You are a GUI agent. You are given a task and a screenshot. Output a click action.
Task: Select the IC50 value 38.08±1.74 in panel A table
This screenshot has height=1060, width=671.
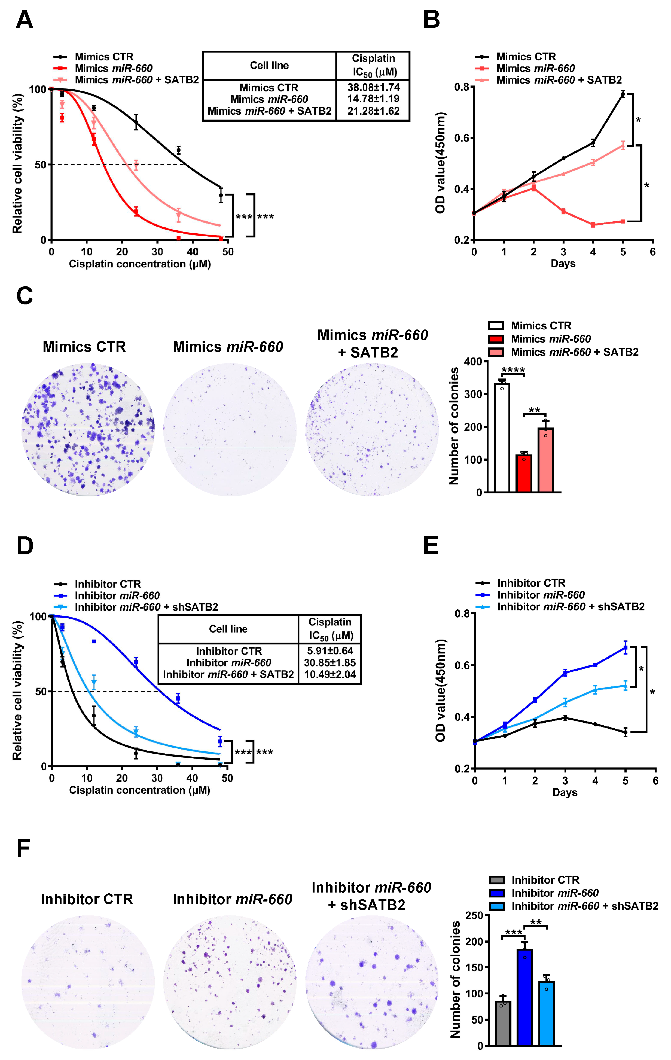373,87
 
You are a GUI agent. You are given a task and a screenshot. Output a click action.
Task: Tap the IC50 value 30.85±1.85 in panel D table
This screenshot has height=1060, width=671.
330,662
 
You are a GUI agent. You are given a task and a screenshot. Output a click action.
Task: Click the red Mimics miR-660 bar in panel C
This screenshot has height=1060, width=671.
523,473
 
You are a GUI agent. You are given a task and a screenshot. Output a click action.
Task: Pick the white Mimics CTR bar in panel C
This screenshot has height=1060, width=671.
502,437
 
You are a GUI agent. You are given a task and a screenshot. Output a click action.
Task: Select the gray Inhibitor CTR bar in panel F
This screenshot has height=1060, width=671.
503,1023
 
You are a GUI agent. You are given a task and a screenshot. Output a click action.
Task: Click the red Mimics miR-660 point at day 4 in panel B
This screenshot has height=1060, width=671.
593,225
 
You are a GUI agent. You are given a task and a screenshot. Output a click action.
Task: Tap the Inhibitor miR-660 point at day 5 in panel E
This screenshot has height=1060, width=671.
625,647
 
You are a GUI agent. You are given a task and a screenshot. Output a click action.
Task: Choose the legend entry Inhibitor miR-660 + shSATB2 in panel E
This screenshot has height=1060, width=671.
571,607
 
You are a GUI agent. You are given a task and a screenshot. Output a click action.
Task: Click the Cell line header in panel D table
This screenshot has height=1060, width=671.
228,629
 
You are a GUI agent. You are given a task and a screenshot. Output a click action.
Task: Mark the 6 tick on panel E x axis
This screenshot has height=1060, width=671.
655,780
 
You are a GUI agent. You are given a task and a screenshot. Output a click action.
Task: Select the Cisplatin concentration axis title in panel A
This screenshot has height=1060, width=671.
140,264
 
